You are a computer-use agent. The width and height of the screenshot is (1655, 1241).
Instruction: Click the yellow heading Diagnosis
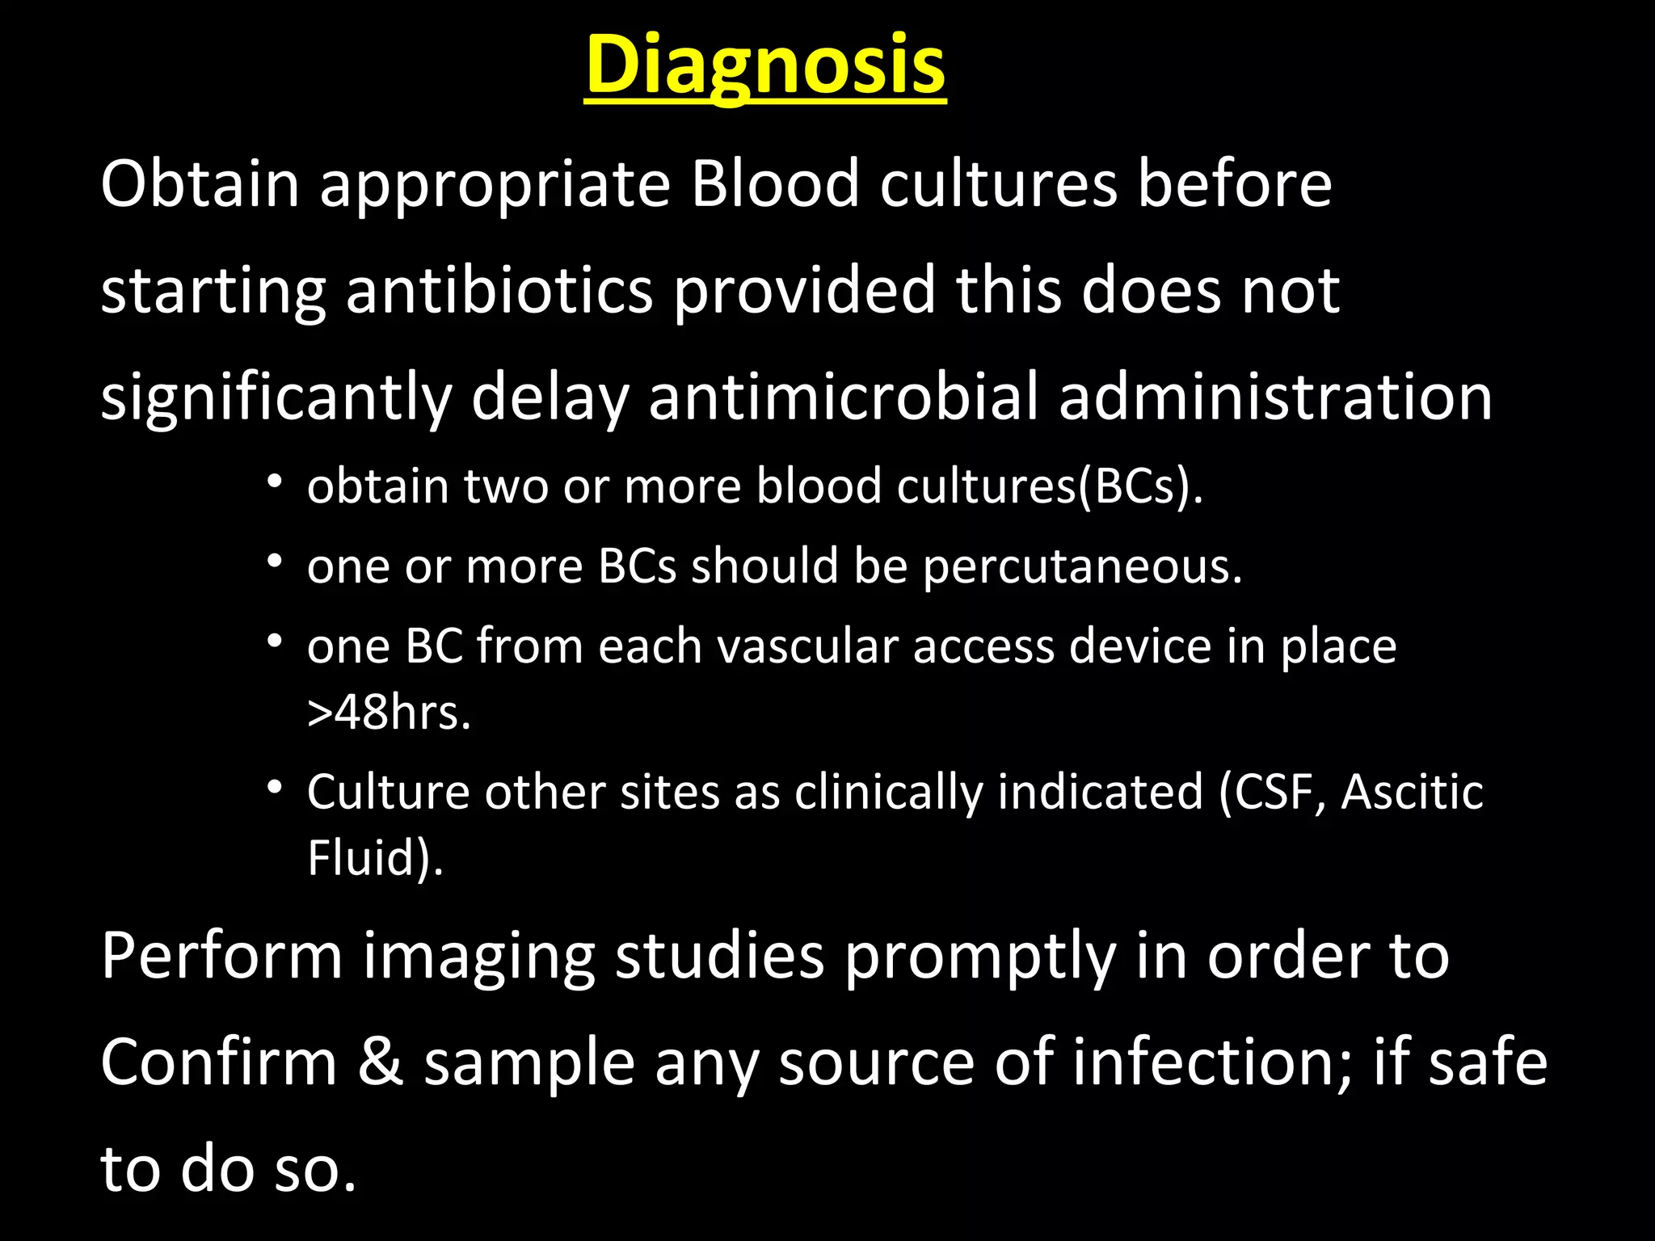764,65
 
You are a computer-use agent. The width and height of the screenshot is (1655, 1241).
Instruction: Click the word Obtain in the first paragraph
200,184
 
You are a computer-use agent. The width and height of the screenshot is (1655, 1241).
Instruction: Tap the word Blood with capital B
774,184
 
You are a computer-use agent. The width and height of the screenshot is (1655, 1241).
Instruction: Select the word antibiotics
499,291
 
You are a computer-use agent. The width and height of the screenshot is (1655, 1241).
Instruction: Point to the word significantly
276,398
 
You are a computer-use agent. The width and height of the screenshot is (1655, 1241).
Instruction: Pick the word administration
1274,398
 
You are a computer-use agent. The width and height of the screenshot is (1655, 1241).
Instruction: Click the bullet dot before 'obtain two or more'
276,482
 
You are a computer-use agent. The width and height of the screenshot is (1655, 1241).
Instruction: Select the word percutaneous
1082,566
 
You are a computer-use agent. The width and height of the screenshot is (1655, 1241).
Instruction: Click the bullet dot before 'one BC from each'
276,642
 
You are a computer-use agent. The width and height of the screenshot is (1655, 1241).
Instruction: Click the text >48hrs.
389,713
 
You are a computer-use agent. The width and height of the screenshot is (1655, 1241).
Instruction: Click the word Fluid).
375,857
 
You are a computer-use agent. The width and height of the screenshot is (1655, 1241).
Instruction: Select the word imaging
478,957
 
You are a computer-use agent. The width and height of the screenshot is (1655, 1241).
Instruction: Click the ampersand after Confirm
381,1063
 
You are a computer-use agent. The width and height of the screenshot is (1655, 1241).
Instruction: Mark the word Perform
221,957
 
